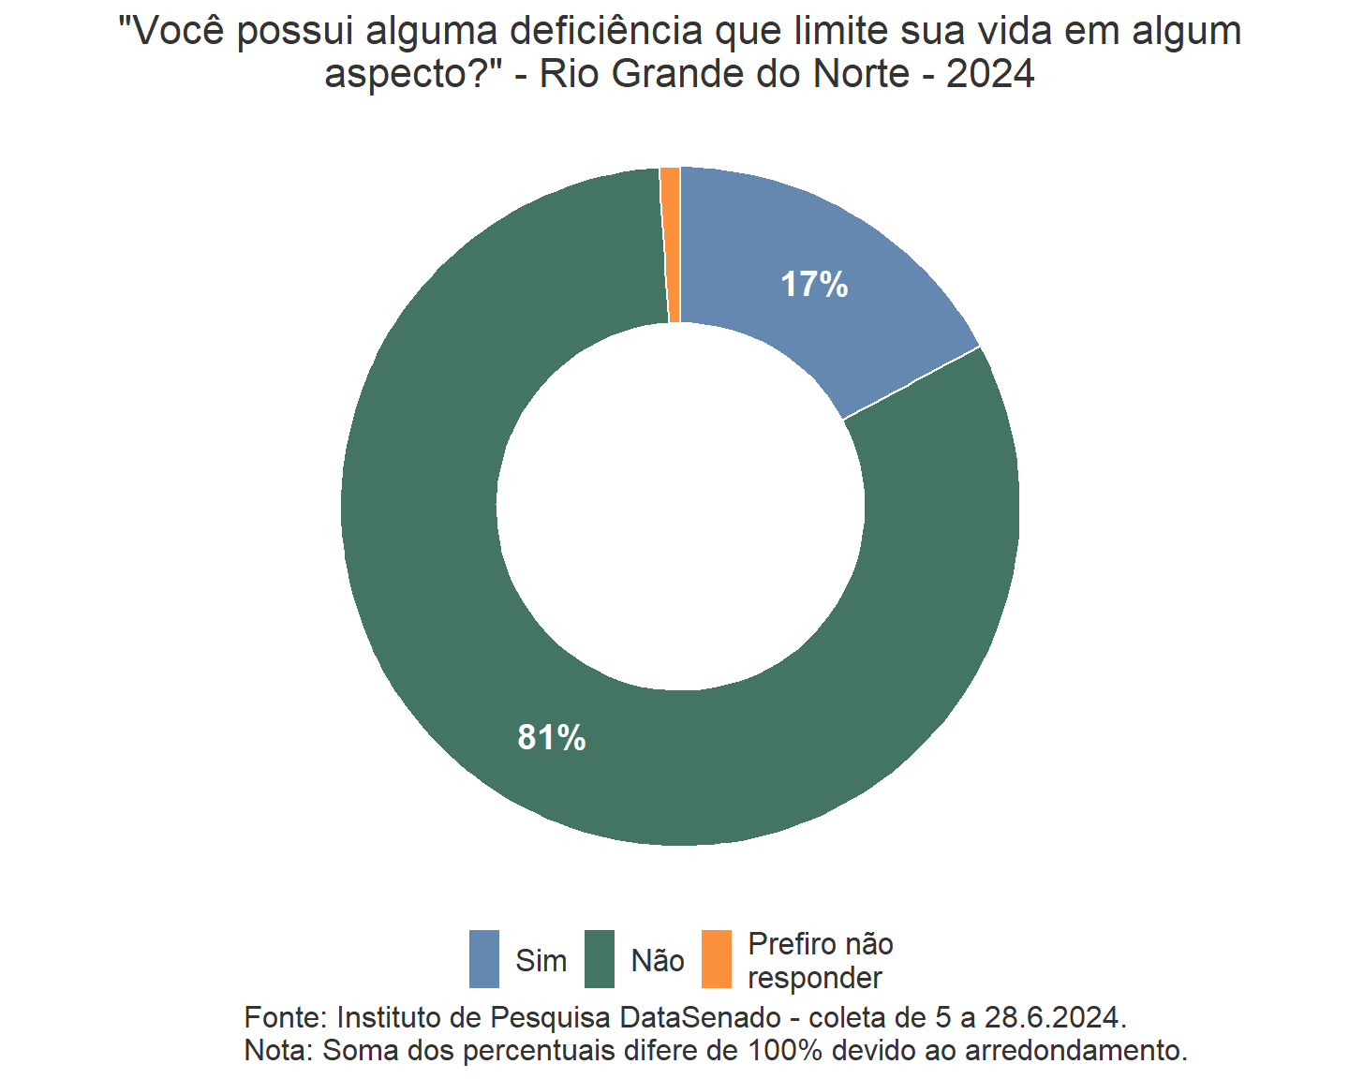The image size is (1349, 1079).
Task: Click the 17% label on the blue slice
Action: [814, 285]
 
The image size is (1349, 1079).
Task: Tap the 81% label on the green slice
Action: [552, 738]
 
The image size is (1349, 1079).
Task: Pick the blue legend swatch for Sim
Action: [484, 959]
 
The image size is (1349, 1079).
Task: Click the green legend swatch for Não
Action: [600, 959]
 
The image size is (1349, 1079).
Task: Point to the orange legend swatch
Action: [717, 959]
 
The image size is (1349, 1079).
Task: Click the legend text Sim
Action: [541, 961]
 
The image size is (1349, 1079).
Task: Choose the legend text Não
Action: [658, 961]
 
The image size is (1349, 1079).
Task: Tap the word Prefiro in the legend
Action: [787, 944]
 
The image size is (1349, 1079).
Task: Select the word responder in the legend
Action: [815, 978]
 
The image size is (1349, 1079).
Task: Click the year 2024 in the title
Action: [990, 73]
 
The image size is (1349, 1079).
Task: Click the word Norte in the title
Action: [861, 73]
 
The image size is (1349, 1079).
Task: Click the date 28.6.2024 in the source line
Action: [1053, 1017]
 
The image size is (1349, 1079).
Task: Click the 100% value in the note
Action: [784, 1050]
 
